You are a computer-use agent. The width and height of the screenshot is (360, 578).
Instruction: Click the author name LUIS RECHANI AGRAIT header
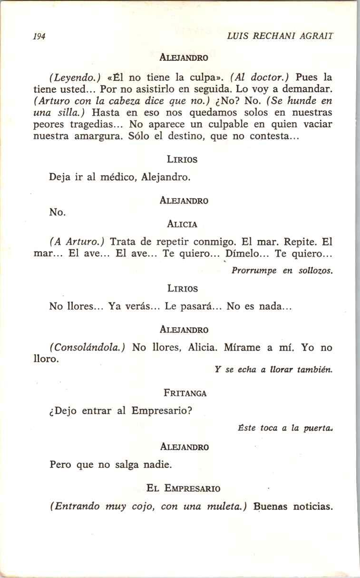[x=280, y=36]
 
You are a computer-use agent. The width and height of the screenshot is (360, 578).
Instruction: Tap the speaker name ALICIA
[x=182, y=224]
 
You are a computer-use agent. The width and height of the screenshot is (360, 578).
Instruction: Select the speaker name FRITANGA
[x=185, y=393]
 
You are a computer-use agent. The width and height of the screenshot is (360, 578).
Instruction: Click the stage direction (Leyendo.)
[x=74, y=77]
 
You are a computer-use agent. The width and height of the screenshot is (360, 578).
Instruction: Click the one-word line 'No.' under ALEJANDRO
[x=58, y=213]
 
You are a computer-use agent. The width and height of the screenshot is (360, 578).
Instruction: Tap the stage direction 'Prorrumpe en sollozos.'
[x=282, y=271]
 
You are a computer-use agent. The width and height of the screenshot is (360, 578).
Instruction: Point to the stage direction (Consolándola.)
[x=87, y=348]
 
